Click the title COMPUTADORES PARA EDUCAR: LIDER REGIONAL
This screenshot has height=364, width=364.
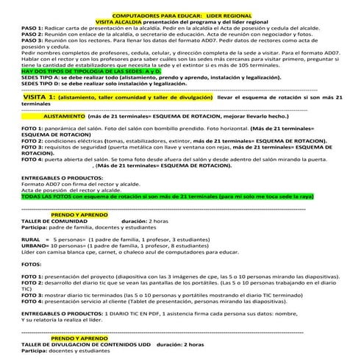coord(182,15)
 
